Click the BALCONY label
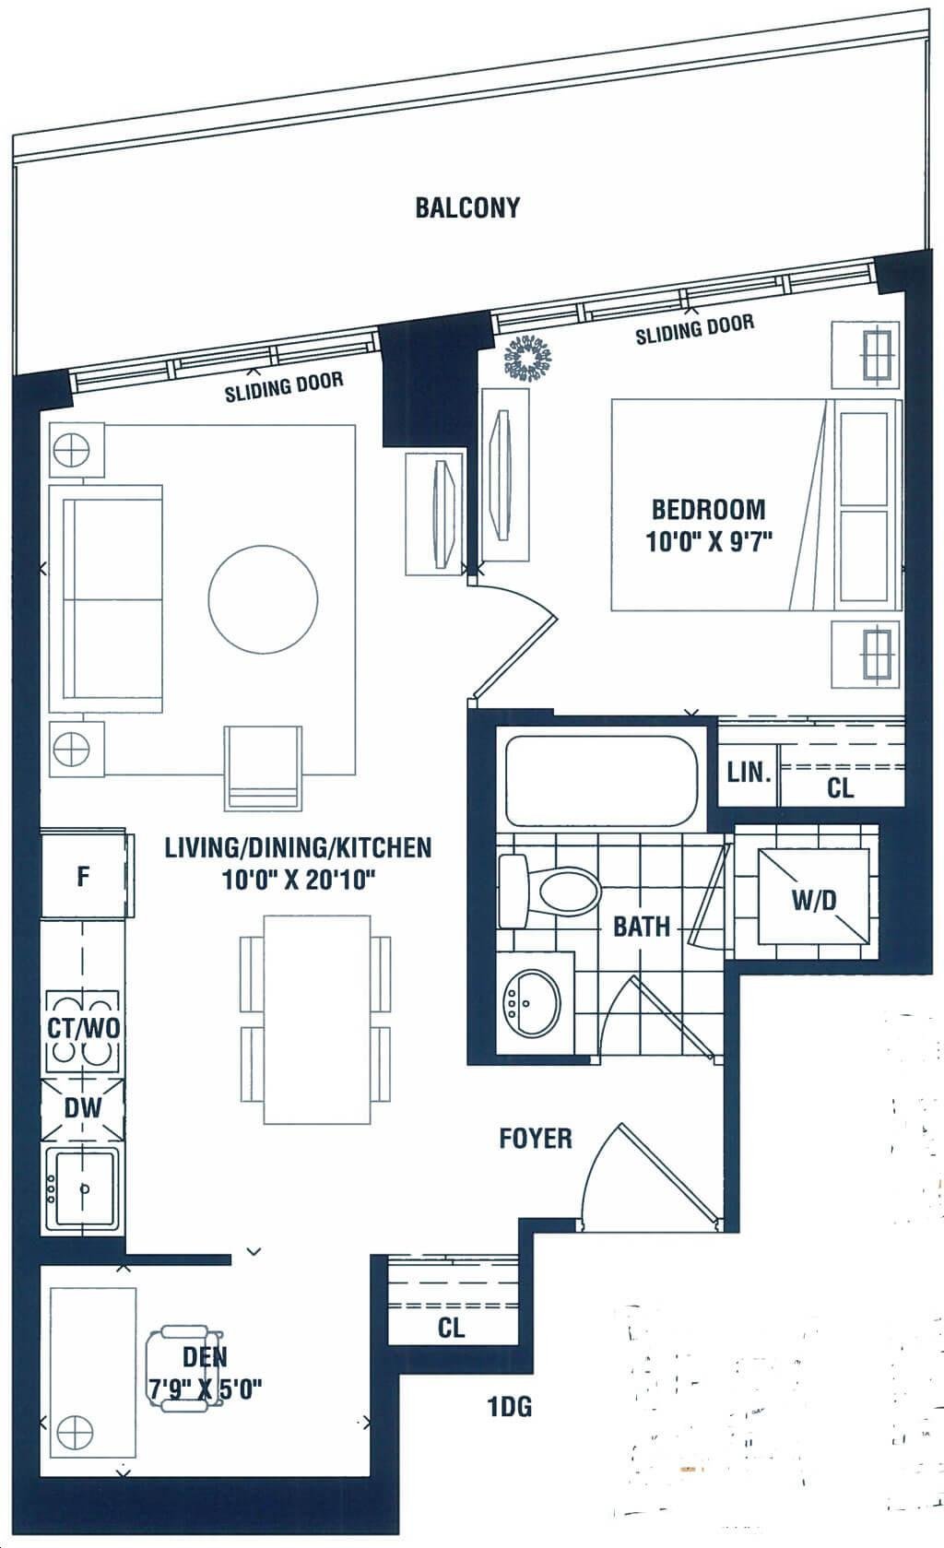pyautogui.click(x=467, y=207)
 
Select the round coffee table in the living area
pyautogui.click(x=264, y=598)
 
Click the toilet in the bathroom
pyautogui.click(x=549, y=891)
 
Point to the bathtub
pyautogui.click(x=601, y=780)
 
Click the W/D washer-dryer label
pyautogui.click(x=814, y=900)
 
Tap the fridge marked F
pyautogui.click(x=84, y=876)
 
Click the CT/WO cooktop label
pyautogui.click(x=83, y=1028)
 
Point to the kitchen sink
pyautogui.click(x=84, y=1191)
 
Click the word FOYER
pyautogui.click(x=536, y=1139)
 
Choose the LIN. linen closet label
pyautogui.click(x=749, y=773)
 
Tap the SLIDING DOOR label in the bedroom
pyautogui.click(x=694, y=329)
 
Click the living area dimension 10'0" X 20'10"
pyautogui.click(x=298, y=880)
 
